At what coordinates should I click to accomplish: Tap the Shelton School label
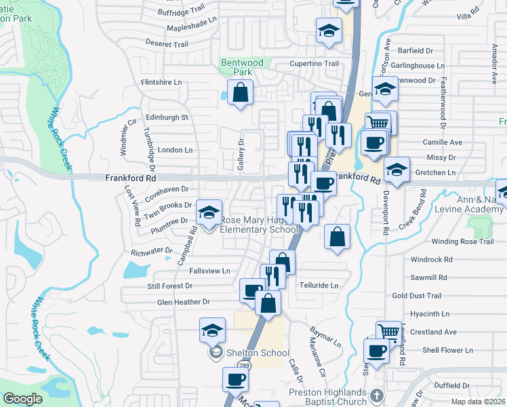click(x=258, y=353)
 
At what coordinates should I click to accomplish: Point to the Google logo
click(x=22, y=399)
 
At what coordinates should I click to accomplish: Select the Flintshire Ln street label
click(x=161, y=82)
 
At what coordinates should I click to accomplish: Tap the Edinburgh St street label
click(x=166, y=117)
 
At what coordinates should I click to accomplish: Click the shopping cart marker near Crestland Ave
click(x=388, y=332)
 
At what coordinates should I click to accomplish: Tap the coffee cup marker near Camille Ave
click(x=373, y=142)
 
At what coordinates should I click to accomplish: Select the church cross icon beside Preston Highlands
click(x=378, y=395)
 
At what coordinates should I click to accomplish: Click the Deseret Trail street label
click(x=166, y=44)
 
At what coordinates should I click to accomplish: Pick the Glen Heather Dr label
click(x=183, y=302)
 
